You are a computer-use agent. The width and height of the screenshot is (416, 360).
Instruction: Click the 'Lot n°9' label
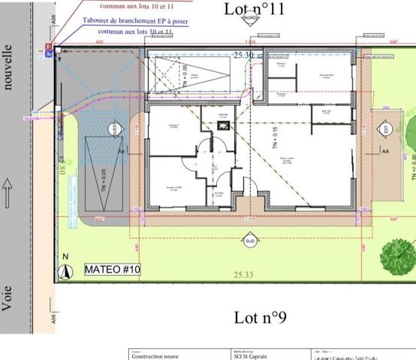click(261, 318)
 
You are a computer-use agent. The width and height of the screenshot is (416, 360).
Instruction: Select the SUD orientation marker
click(249, 241)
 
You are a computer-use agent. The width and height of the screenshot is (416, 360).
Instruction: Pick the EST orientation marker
click(386, 129)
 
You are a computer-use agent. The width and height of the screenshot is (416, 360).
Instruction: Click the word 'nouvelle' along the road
click(9, 66)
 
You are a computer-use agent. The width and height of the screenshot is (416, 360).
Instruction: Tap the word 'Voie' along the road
click(8, 298)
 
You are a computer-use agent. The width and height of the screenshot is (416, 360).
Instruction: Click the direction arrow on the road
click(8, 181)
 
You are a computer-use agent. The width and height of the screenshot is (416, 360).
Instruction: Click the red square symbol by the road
click(49, 46)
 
